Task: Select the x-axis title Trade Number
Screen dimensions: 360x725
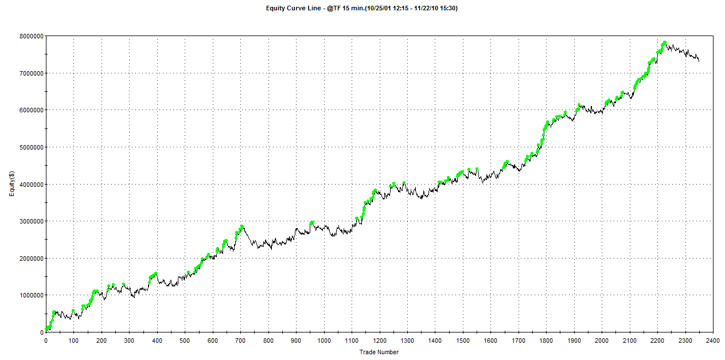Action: click(379, 352)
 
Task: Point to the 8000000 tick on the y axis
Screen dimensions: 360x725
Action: click(29, 36)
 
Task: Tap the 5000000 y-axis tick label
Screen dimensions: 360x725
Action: click(29, 147)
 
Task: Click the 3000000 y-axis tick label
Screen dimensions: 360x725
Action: click(29, 221)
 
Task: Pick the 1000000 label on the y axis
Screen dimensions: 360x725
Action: click(29, 295)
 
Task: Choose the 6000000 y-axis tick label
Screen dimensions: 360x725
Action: click(29, 109)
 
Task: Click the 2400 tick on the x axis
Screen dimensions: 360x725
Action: click(712, 340)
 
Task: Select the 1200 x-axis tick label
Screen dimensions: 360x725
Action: click(379, 340)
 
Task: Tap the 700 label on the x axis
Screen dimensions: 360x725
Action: click(240, 340)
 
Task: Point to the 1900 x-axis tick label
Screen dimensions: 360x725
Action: click(574, 340)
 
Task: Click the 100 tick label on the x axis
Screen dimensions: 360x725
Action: click(73, 340)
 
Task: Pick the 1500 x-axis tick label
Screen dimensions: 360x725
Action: click(462, 340)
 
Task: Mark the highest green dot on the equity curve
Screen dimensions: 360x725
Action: click(664, 43)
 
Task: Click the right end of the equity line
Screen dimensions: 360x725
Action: click(699, 60)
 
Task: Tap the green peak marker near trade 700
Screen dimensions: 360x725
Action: click(242, 226)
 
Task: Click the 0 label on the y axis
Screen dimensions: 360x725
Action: click(41, 332)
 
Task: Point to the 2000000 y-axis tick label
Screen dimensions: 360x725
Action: click(29, 258)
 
